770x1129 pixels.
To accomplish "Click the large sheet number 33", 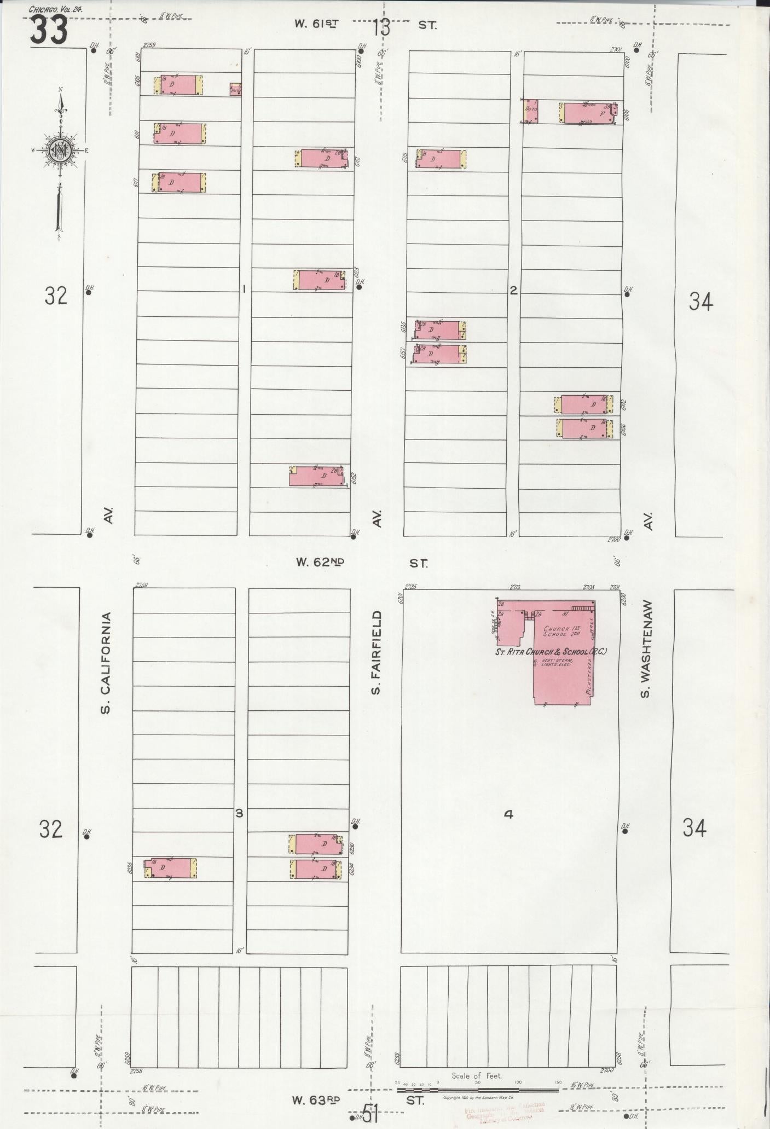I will click(49, 30).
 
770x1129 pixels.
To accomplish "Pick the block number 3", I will click(239, 813).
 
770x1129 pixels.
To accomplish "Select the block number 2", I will click(513, 291).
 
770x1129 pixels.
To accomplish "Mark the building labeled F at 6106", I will click(589, 113).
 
